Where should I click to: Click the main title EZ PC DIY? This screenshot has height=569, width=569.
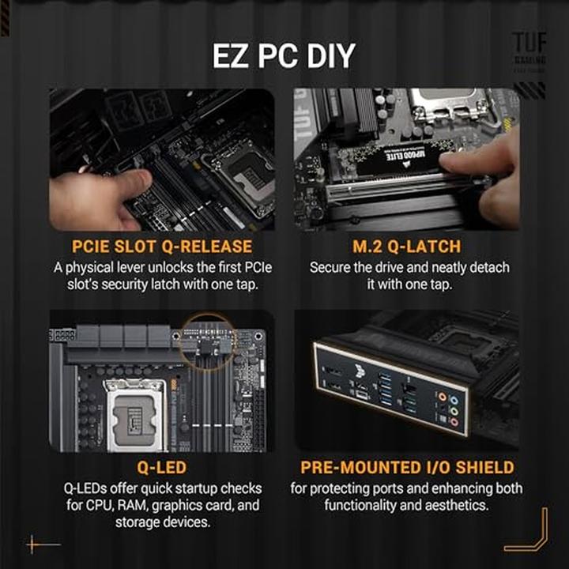tap(284, 57)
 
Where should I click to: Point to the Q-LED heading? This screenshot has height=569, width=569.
tap(162, 468)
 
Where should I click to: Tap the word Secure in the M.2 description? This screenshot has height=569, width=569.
tap(331, 267)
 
